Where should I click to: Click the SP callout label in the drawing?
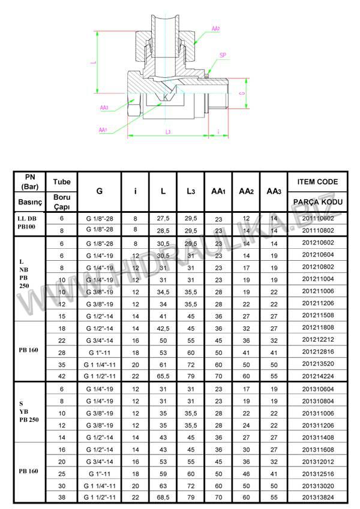[223, 55]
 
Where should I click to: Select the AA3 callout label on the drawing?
[104, 108]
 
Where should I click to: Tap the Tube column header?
[62, 182]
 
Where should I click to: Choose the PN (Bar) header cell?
[29, 182]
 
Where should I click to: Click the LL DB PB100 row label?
[29, 223]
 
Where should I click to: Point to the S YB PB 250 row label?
[29, 413]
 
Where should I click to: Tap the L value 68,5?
[163, 497]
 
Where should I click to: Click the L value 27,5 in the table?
[163, 218]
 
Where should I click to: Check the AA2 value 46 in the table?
[246, 474]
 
